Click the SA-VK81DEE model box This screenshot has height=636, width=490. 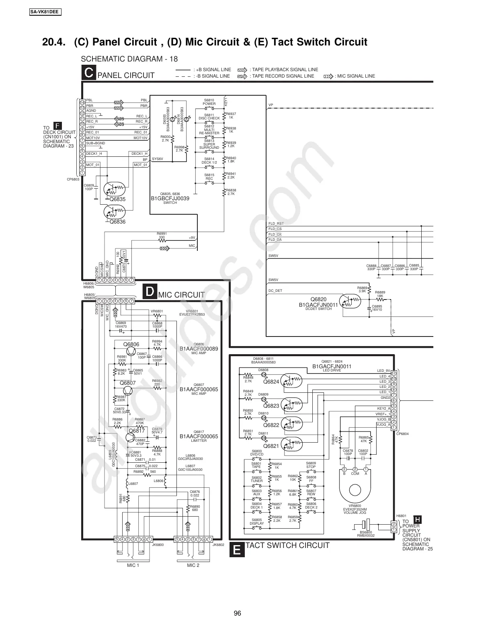click(45, 12)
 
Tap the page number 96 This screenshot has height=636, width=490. click(237, 613)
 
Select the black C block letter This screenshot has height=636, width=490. click(88, 73)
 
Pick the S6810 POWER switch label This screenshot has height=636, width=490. click(209, 102)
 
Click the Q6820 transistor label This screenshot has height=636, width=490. click(318, 299)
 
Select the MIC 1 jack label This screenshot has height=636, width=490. click(133, 565)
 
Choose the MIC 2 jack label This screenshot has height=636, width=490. click(193, 565)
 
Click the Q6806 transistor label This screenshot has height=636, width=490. click(131, 344)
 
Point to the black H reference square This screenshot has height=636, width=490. click(418, 519)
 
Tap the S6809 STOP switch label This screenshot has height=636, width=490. click(311, 465)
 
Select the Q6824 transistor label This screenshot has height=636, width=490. click(271, 382)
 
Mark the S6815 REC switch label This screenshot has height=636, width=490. click(209, 177)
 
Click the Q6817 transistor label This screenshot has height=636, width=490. click(137, 431)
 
